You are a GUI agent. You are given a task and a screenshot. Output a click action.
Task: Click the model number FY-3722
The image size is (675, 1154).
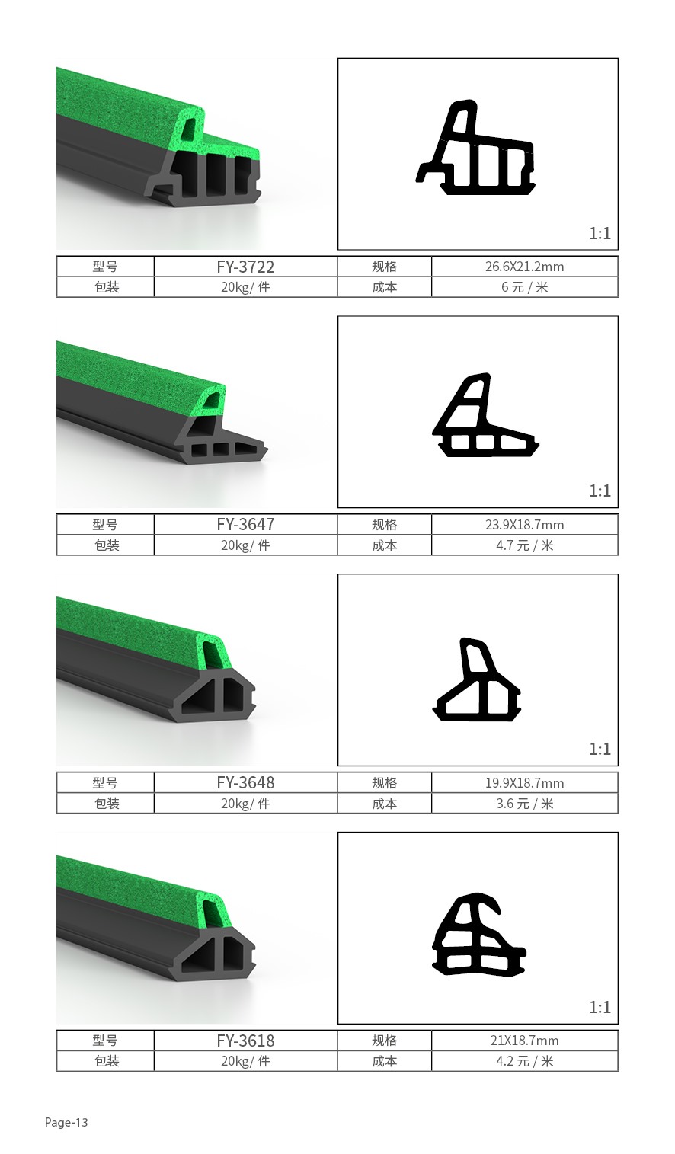(245, 267)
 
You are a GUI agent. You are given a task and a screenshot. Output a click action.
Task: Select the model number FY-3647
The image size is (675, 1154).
(245, 525)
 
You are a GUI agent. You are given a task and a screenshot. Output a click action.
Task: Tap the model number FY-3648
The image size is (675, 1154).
(245, 782)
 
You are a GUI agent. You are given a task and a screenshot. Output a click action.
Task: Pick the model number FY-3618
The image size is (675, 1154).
(245, 1041)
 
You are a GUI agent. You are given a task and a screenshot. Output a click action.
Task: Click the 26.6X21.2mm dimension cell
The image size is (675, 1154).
(525, 267)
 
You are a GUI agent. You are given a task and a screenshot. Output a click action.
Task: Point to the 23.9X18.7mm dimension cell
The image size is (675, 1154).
(525, 525)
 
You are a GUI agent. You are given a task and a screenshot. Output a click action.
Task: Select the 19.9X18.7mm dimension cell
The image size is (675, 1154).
(525, 783)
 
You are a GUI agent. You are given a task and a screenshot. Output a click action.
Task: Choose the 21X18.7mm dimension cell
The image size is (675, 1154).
(525, 1041)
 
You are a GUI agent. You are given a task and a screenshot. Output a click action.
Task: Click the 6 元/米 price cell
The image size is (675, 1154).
(525, 287)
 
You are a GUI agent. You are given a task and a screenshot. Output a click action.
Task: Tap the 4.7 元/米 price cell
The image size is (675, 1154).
(525, 545)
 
